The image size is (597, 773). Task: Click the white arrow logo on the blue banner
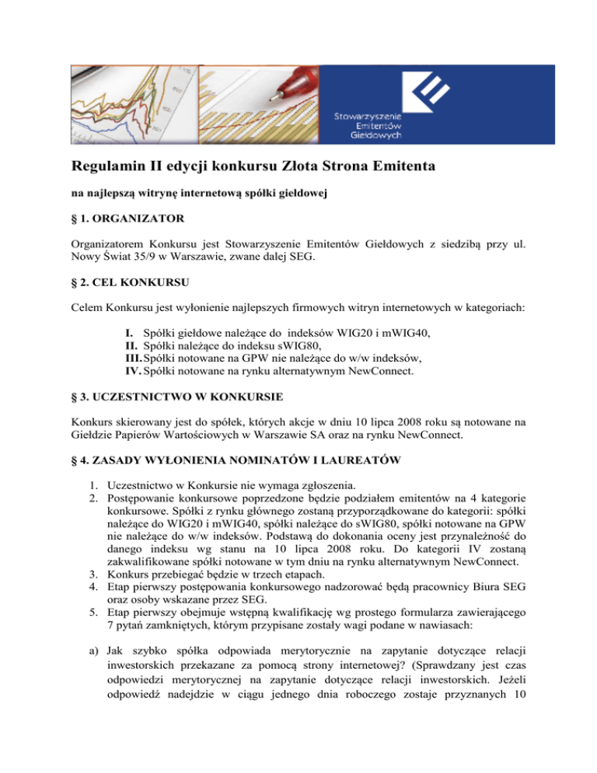coord(428,93)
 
